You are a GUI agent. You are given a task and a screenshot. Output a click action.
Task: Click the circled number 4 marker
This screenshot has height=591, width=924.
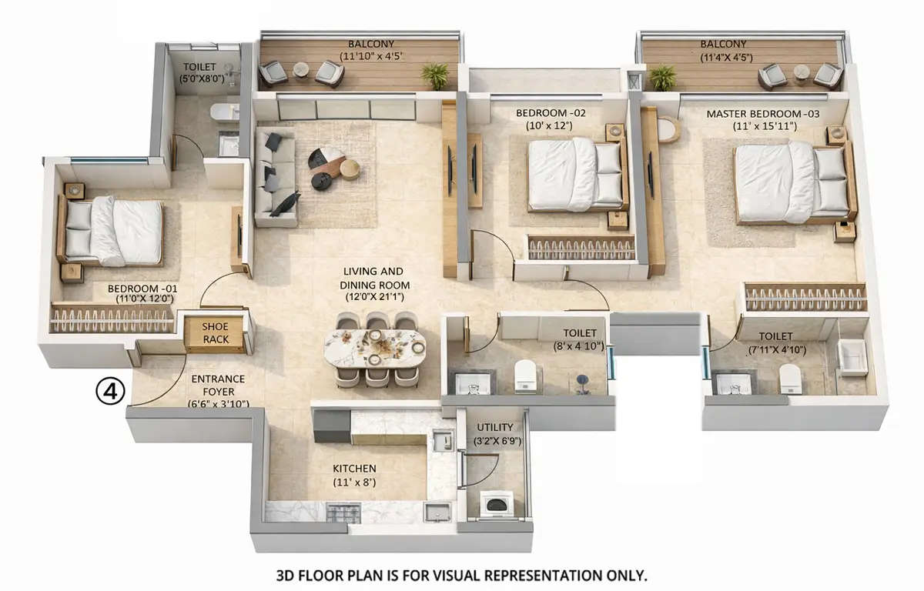(110, 392)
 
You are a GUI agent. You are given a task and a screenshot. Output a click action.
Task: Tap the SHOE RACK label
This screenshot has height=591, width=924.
(215, 332)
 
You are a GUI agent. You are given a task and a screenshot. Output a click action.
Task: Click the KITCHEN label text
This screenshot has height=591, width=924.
(354, 469)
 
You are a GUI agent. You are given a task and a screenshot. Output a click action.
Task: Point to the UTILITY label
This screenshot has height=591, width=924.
(494, 427)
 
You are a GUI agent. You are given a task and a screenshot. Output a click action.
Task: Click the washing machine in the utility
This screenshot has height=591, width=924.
(494, 505)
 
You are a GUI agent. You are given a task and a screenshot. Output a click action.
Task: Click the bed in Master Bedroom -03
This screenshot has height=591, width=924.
(785, 183)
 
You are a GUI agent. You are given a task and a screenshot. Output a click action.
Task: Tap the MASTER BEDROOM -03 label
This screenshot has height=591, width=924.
(762, 114)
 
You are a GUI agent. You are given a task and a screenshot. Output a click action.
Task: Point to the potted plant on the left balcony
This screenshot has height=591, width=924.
(435, 76)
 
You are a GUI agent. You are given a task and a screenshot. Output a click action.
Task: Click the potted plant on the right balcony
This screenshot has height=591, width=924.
(662, 77)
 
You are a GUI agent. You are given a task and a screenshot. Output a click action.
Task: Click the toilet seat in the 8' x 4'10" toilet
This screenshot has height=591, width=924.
(525, 376)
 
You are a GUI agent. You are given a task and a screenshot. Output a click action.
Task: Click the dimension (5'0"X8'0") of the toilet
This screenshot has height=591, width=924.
(199, 78)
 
